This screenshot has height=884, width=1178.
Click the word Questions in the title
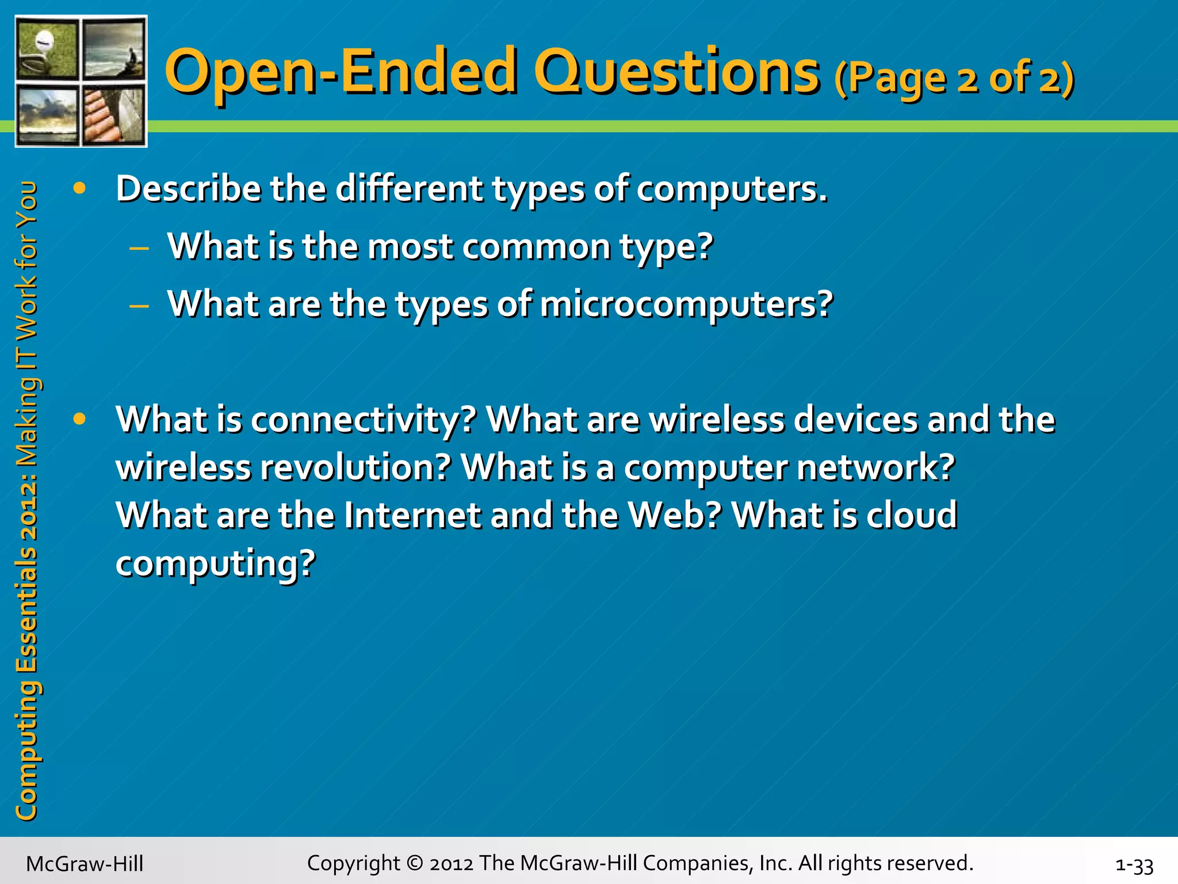coord(676,72)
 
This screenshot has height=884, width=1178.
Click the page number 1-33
coord(1134,865)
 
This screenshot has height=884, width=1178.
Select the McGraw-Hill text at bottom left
coord(85,864)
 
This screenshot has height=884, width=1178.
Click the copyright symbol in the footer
coord(414,863)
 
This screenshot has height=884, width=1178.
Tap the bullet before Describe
coord(79,188)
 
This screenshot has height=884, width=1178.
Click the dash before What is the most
coord(139,249)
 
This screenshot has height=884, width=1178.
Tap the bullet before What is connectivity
coord(79,419)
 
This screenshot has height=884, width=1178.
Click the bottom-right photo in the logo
coord(114,115)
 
